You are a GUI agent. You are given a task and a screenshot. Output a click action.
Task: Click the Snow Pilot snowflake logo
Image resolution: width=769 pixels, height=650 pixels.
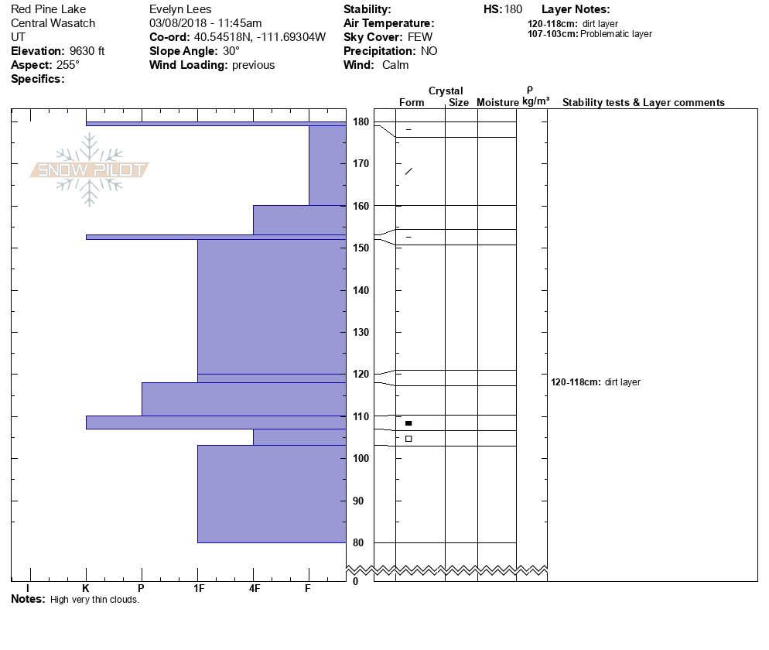point(90,169)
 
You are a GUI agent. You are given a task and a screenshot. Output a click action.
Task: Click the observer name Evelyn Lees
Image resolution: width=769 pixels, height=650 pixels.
point(179,9)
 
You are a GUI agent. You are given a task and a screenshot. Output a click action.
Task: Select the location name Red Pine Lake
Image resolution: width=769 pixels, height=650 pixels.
point(48,9)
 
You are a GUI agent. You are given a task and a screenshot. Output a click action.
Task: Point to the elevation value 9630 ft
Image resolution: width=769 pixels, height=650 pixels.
point(87,51)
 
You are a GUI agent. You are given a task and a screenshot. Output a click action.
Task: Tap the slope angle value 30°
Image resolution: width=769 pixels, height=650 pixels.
point(231,51)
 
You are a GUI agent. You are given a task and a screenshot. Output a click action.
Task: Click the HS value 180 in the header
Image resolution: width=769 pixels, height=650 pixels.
point(513,9)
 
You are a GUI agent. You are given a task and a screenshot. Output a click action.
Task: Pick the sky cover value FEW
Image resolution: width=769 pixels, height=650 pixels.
point(420,37)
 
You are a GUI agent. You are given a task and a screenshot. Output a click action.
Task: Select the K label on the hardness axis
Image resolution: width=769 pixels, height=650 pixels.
point(86,589)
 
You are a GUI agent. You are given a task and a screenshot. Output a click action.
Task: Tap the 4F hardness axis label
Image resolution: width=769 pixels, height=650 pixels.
point(253,589)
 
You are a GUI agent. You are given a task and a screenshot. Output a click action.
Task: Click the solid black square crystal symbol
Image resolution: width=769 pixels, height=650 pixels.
point(408,423)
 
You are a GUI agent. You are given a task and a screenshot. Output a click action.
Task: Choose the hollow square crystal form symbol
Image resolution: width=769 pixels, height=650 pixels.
point(408,439)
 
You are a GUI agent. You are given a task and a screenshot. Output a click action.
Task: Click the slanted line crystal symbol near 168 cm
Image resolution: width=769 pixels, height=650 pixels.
point(408,171)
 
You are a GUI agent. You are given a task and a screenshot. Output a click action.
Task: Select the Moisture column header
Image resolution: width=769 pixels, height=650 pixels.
point(497,102)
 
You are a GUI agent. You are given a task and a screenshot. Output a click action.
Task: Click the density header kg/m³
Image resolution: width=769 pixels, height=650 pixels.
point(535,101)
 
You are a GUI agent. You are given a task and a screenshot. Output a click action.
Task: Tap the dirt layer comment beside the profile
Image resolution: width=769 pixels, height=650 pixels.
point(596,382)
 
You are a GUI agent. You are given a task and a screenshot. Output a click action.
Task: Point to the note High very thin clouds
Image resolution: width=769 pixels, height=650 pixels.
point(94,600)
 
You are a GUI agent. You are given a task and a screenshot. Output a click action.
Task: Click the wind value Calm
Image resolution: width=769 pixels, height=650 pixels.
point(395,65)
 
